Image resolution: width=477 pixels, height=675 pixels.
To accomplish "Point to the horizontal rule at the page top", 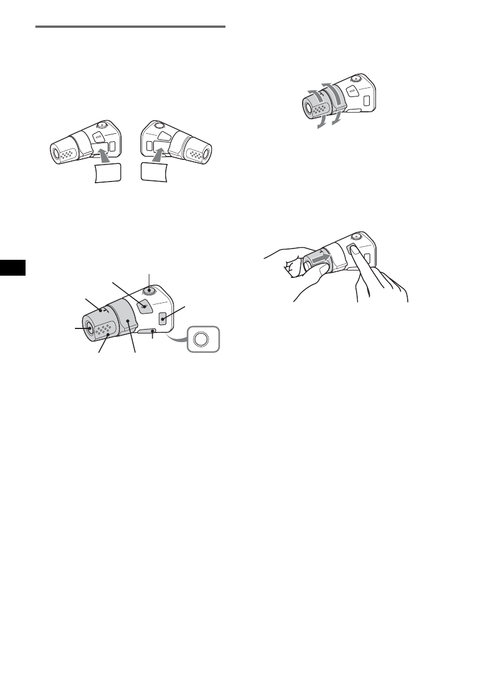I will (x=130, y=26).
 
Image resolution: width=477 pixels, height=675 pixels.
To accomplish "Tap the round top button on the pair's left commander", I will (x=101, y=127).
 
